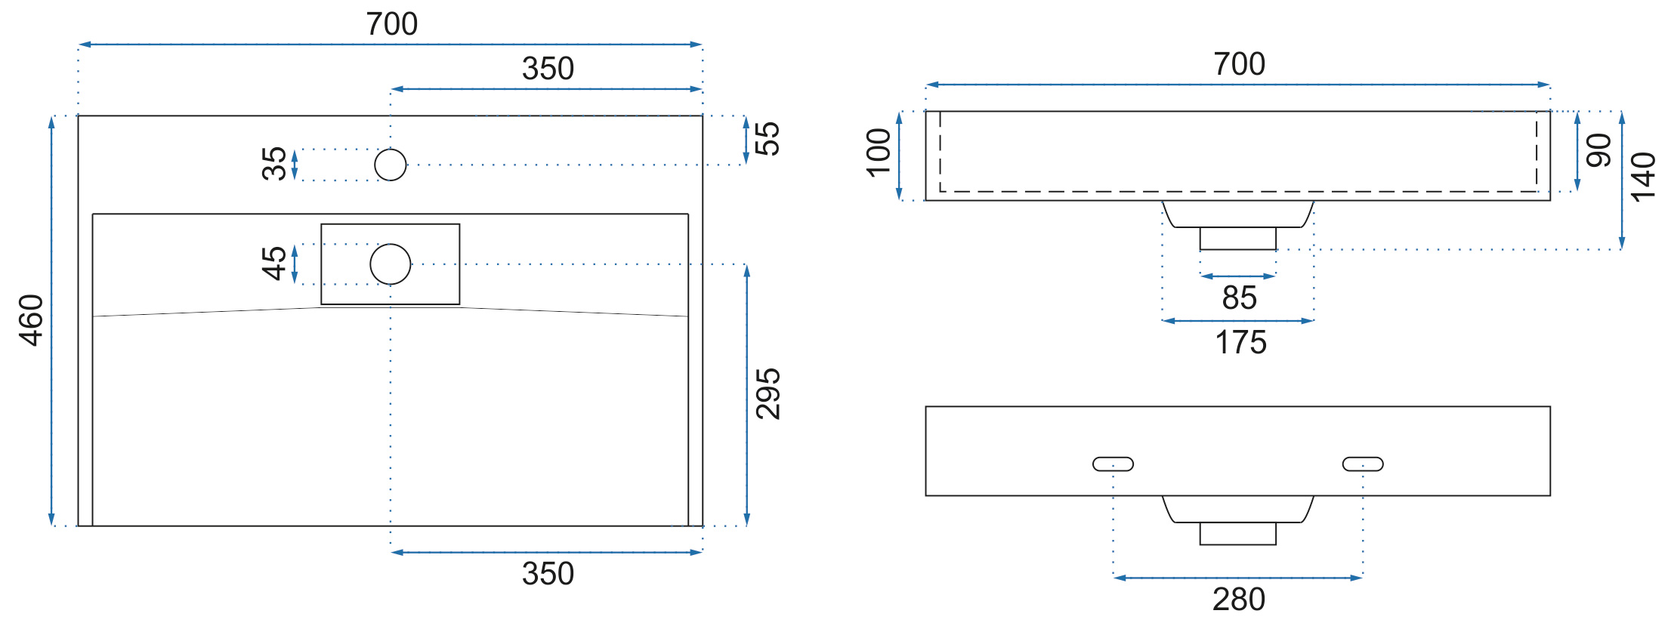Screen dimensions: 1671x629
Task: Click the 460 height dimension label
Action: [32, 320]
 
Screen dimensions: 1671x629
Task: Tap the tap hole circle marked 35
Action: [391, 165]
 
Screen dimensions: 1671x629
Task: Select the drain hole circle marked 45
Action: [391, 264]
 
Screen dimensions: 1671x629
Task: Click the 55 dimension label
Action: [767, 139]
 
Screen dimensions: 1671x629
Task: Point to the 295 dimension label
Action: [768, 394]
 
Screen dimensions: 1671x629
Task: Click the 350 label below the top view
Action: [548, 574]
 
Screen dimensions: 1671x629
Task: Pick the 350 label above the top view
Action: [548, 69]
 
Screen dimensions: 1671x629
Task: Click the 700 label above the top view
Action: [392, 24]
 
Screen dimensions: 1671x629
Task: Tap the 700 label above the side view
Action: [1240, 64]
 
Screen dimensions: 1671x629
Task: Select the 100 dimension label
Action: [879, 153]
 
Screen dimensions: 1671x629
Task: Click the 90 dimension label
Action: [1598, 150]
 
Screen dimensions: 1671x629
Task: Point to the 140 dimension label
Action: [1643, 177]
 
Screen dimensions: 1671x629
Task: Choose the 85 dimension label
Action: [1240, 298]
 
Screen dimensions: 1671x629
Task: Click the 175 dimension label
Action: [1240, 343]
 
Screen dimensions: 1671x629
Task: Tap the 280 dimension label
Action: [1239, 600]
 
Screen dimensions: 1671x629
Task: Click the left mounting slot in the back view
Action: [1113, 464]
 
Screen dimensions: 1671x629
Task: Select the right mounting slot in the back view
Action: [1363, 464]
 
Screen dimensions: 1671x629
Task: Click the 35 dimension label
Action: [274, 164]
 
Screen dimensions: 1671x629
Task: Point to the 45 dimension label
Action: [274, 264]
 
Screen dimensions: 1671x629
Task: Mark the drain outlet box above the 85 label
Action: [1238, 239]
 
